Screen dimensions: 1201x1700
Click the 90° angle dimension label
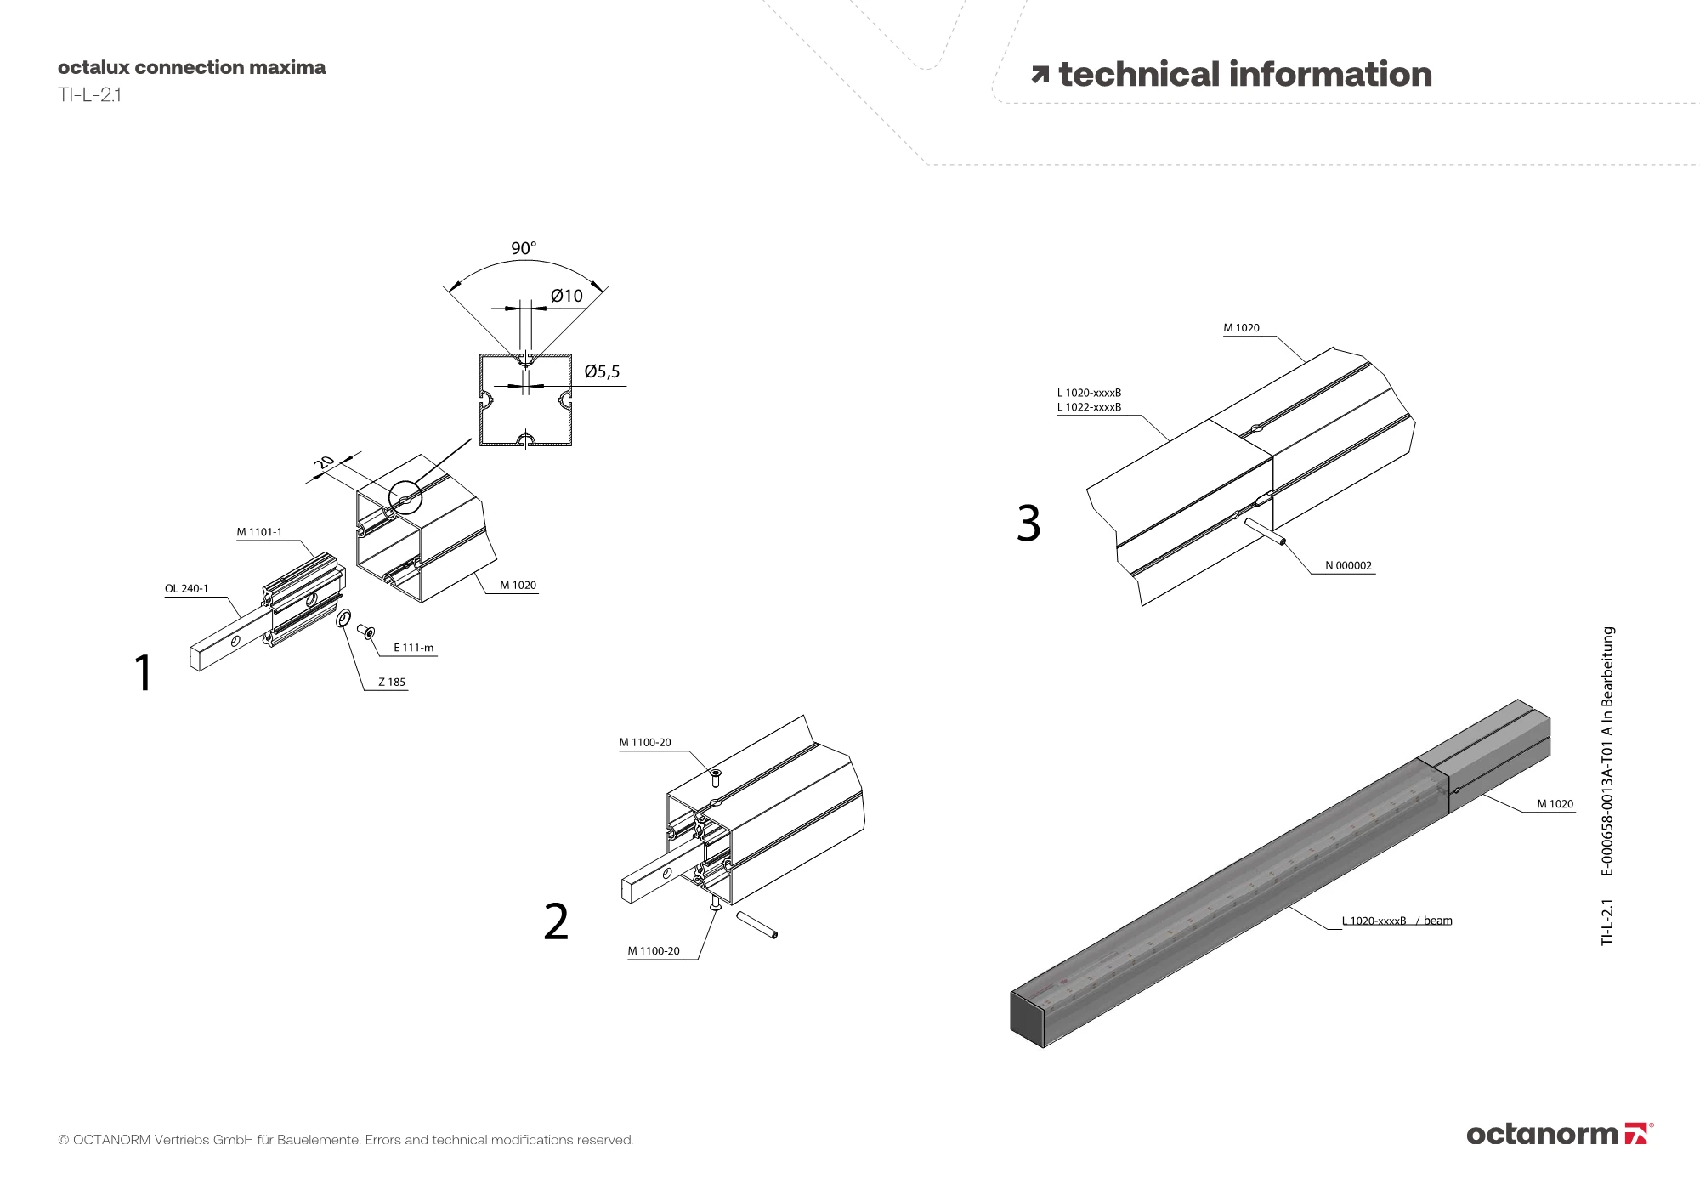(524, 248)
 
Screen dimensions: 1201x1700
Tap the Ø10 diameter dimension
(567, 296)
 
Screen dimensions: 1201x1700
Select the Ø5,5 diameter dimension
(602, 371)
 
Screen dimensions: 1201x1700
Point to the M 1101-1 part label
(259, 532)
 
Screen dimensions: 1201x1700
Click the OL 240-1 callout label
(186, 588)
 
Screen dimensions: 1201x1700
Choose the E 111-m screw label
(413, 648)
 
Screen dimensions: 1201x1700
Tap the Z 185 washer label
(392, 682)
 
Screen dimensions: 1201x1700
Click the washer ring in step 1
(344, 618)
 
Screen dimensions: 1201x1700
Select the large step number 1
(144, 673)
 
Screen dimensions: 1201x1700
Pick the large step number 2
(556, 922)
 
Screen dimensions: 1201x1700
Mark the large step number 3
(1028, 524)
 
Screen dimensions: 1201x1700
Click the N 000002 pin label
(1348, 565)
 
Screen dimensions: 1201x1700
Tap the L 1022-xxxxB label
(1089, 407)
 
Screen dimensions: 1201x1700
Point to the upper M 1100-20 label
(645, 742)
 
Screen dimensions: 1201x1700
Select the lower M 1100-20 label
(654, 951)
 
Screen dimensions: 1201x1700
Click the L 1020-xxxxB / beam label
(1397, 921)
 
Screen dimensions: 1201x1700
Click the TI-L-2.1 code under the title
(90, 95)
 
